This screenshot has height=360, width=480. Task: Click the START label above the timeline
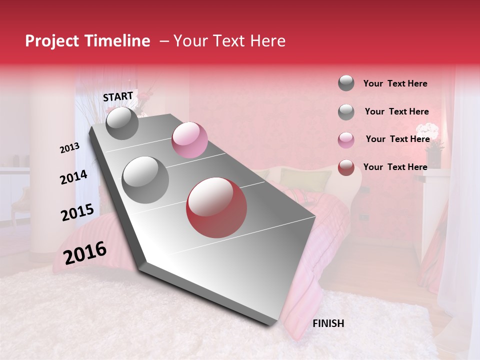tap(118, 96)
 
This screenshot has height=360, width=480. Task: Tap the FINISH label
tap(328, 323)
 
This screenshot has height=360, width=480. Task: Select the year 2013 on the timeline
tap(70, 148)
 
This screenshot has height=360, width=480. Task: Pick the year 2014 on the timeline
tap(74, 177)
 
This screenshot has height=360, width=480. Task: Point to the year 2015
tap(77, 212)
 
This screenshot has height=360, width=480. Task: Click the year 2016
tap(85, 253)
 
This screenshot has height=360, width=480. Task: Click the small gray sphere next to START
tap(122, 123)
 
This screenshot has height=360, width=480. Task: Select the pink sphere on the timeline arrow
tap(189, 140)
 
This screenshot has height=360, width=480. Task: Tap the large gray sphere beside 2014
tap(145, 179)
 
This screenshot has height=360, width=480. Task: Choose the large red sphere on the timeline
tap(216, 208)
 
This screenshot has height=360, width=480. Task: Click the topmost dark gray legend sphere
tap(346, 83)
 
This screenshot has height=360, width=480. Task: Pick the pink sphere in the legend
tap(346, 139)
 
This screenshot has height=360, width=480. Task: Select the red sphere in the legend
tap(346, 167)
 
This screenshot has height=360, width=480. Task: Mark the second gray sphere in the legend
tap(346, 112)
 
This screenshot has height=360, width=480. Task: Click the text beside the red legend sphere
tap(395, 167)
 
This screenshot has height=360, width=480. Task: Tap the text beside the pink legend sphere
tap(397, 139)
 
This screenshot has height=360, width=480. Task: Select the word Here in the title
tap(268, 41)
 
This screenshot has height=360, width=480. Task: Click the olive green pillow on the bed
tap(305, 177)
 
